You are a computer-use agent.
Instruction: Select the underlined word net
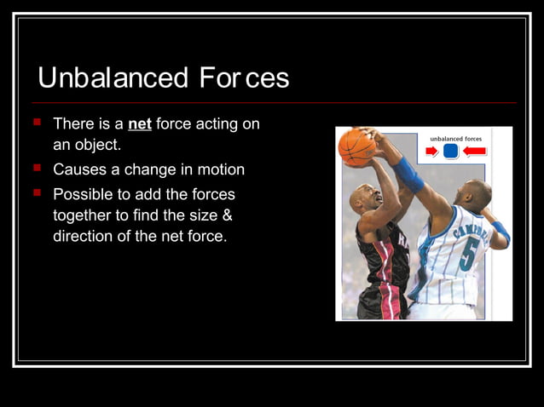pos(140,124)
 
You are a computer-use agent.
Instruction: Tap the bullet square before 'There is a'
pos(37,123)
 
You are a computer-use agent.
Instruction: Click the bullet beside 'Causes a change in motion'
pos(37,168)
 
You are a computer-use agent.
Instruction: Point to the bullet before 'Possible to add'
pos(37,193)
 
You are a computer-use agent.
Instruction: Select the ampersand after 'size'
pos(227,215)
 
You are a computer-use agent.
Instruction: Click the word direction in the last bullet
pos(84,236)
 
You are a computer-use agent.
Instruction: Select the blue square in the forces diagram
pos(451,152)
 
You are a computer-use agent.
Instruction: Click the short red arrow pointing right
pos(431,152)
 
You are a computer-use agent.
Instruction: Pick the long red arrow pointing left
pos(474,152)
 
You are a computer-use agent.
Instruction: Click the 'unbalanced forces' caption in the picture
pos(455,137)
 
